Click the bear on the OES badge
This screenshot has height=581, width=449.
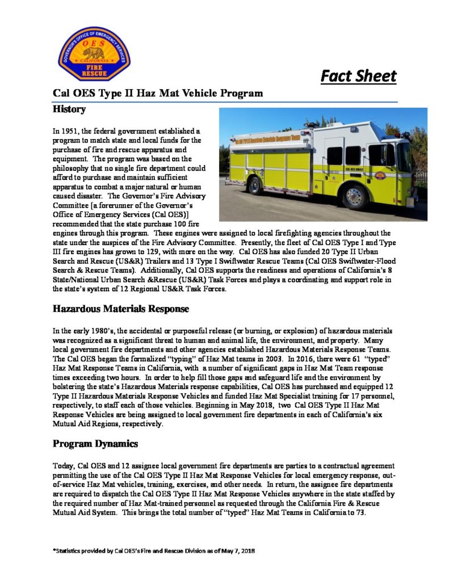[x=94, y=52]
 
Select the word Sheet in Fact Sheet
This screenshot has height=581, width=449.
[x=375, y=76]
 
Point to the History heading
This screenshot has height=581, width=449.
[x=69, y=109]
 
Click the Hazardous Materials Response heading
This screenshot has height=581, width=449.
[x=120, y=309]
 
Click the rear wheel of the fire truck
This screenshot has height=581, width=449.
[x=255, y=185]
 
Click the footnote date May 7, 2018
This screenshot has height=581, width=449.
[x=238, y=550]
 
